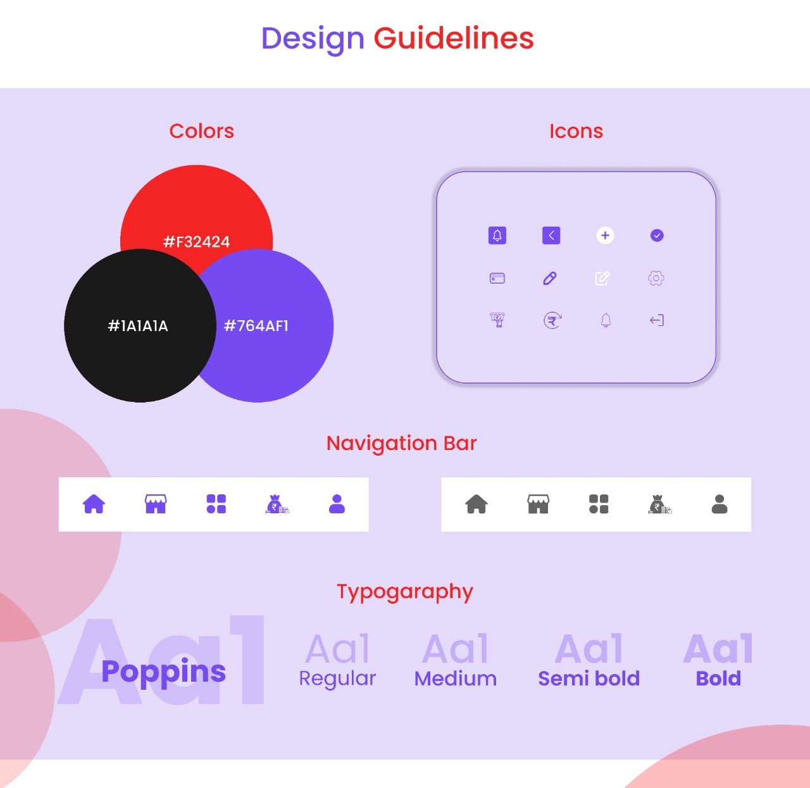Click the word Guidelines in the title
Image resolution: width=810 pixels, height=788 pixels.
click(x=453, y=38)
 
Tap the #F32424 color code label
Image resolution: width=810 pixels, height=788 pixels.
click(x=196, y=242)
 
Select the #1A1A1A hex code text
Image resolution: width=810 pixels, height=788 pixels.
click(x=138, y=325)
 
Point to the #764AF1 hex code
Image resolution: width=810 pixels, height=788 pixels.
click(x=256, y=325)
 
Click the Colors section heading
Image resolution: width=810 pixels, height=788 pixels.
click(x=201, y=131)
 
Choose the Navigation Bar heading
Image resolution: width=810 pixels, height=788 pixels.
click(x=401, y=443)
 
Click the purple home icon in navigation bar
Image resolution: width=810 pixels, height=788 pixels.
click(x=94, y=504)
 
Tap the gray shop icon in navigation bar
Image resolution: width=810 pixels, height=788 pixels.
click(x=538, y=504)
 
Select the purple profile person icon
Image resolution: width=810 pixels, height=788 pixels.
click(x=337, y=504)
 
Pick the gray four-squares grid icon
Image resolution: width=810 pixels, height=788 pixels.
click(x=599, y=504)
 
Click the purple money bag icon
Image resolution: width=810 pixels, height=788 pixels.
click(x=277, y=504)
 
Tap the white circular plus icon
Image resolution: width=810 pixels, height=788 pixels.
click(x=605, y=235)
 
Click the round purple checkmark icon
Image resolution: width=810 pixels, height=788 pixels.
click(x=657, y=235)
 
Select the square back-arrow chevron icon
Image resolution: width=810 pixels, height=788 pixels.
click(x=551, y=235)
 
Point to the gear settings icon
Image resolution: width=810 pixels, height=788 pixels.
click(x=656, y=278)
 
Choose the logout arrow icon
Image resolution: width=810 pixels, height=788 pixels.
click(x=657, y=320)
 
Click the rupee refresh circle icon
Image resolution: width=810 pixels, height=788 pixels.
click(x=552, y=320)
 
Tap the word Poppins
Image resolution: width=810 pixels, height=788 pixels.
click(x=163, y=672)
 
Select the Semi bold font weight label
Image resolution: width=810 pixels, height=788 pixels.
click(x=589, y=678)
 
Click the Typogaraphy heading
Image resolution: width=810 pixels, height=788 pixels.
click(x=404, y=592)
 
